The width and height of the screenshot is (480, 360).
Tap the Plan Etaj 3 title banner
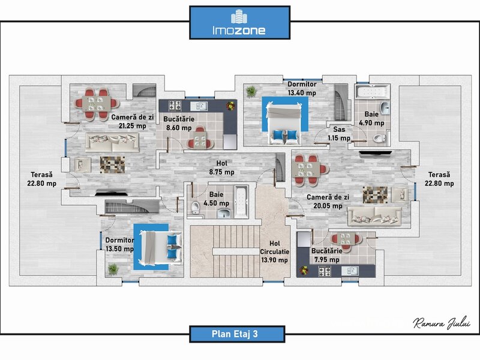(239, 334)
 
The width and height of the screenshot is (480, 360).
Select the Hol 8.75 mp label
(221, 167)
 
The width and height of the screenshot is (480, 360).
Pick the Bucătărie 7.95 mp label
(327, 255)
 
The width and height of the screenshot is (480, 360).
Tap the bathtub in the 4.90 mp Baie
(371, 93)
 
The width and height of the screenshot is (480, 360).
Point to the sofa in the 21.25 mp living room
(113, 142)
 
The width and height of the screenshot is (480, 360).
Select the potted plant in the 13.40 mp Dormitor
(251, 91)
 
